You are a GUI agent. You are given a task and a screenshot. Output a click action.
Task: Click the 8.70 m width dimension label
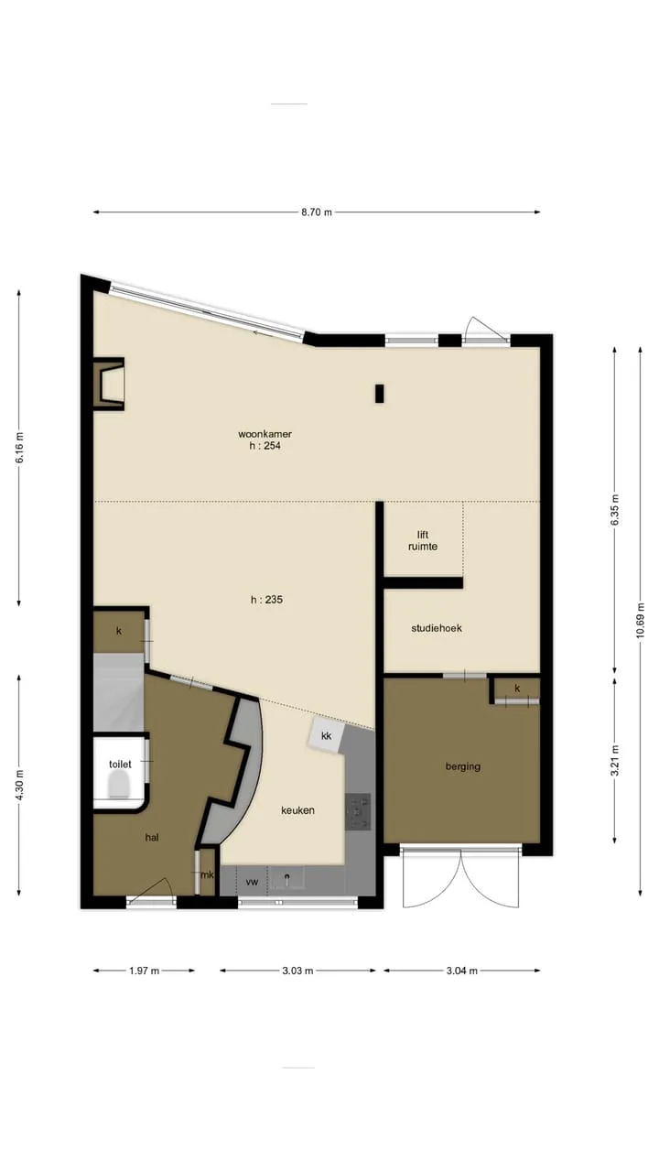(x=317, y=212)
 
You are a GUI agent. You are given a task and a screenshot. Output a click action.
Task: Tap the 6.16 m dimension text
(x=20, y=448)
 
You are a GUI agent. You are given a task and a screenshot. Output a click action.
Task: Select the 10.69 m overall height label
(x=640, y=621)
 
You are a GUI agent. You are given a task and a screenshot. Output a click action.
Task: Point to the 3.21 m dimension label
(x=614, y=760)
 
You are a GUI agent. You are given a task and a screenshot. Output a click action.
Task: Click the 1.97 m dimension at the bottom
(x=145, y=971)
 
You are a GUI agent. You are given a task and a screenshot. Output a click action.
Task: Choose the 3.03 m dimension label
(x=297, y=971)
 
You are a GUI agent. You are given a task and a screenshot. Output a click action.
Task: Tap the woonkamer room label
(x=265, y=434)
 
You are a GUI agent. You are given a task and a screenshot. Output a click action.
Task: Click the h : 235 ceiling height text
(x=266, y=600)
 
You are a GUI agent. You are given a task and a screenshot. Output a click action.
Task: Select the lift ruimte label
(x=423, y=540)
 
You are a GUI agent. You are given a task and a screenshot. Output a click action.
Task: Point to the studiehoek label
(x=437, y=628)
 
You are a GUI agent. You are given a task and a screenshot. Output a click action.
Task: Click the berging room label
(x=463, y=766)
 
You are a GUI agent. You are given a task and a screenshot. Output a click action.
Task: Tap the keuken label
(x=297, y=810)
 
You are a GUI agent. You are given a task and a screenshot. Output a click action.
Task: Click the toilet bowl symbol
(x=120, y=786)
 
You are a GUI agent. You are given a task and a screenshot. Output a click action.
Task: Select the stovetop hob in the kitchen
(x=358, y=811)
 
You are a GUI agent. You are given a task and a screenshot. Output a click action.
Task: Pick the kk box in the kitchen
(x=327, y=735)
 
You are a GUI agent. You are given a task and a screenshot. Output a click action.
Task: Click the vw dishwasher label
(x=252, y=882)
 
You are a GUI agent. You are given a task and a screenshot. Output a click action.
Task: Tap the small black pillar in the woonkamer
(x=380, y=394)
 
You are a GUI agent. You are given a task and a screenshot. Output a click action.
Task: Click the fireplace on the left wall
(x=109, y=384)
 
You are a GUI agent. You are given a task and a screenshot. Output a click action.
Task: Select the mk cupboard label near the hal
(x=208, y=874)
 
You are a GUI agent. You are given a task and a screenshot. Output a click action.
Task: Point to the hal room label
(x=152, y=837)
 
